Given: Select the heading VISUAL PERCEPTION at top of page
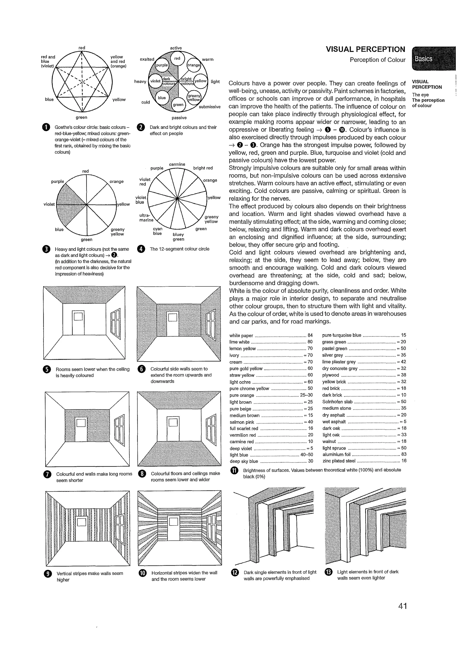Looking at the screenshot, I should tap(365, 49).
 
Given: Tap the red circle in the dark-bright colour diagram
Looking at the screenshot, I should tap(177, 58).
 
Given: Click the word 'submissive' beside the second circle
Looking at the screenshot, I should tap(210, 107).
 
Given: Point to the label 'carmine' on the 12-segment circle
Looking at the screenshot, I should tap(177, 164).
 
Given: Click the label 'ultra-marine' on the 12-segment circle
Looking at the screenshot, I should tap(146, 218).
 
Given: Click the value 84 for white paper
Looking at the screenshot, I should tap(310, 335).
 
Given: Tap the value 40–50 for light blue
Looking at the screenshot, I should tap(306, 455).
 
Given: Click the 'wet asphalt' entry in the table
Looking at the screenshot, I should tap(334, 422).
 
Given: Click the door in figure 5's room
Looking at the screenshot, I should tap(78, 323).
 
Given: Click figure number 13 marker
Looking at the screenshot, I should tap(328, 572).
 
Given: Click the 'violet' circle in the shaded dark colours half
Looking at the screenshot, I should tap(155, 81).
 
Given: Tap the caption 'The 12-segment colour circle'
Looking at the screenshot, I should tap(179, 249).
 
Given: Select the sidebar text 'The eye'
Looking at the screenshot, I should tap(420, 95).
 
